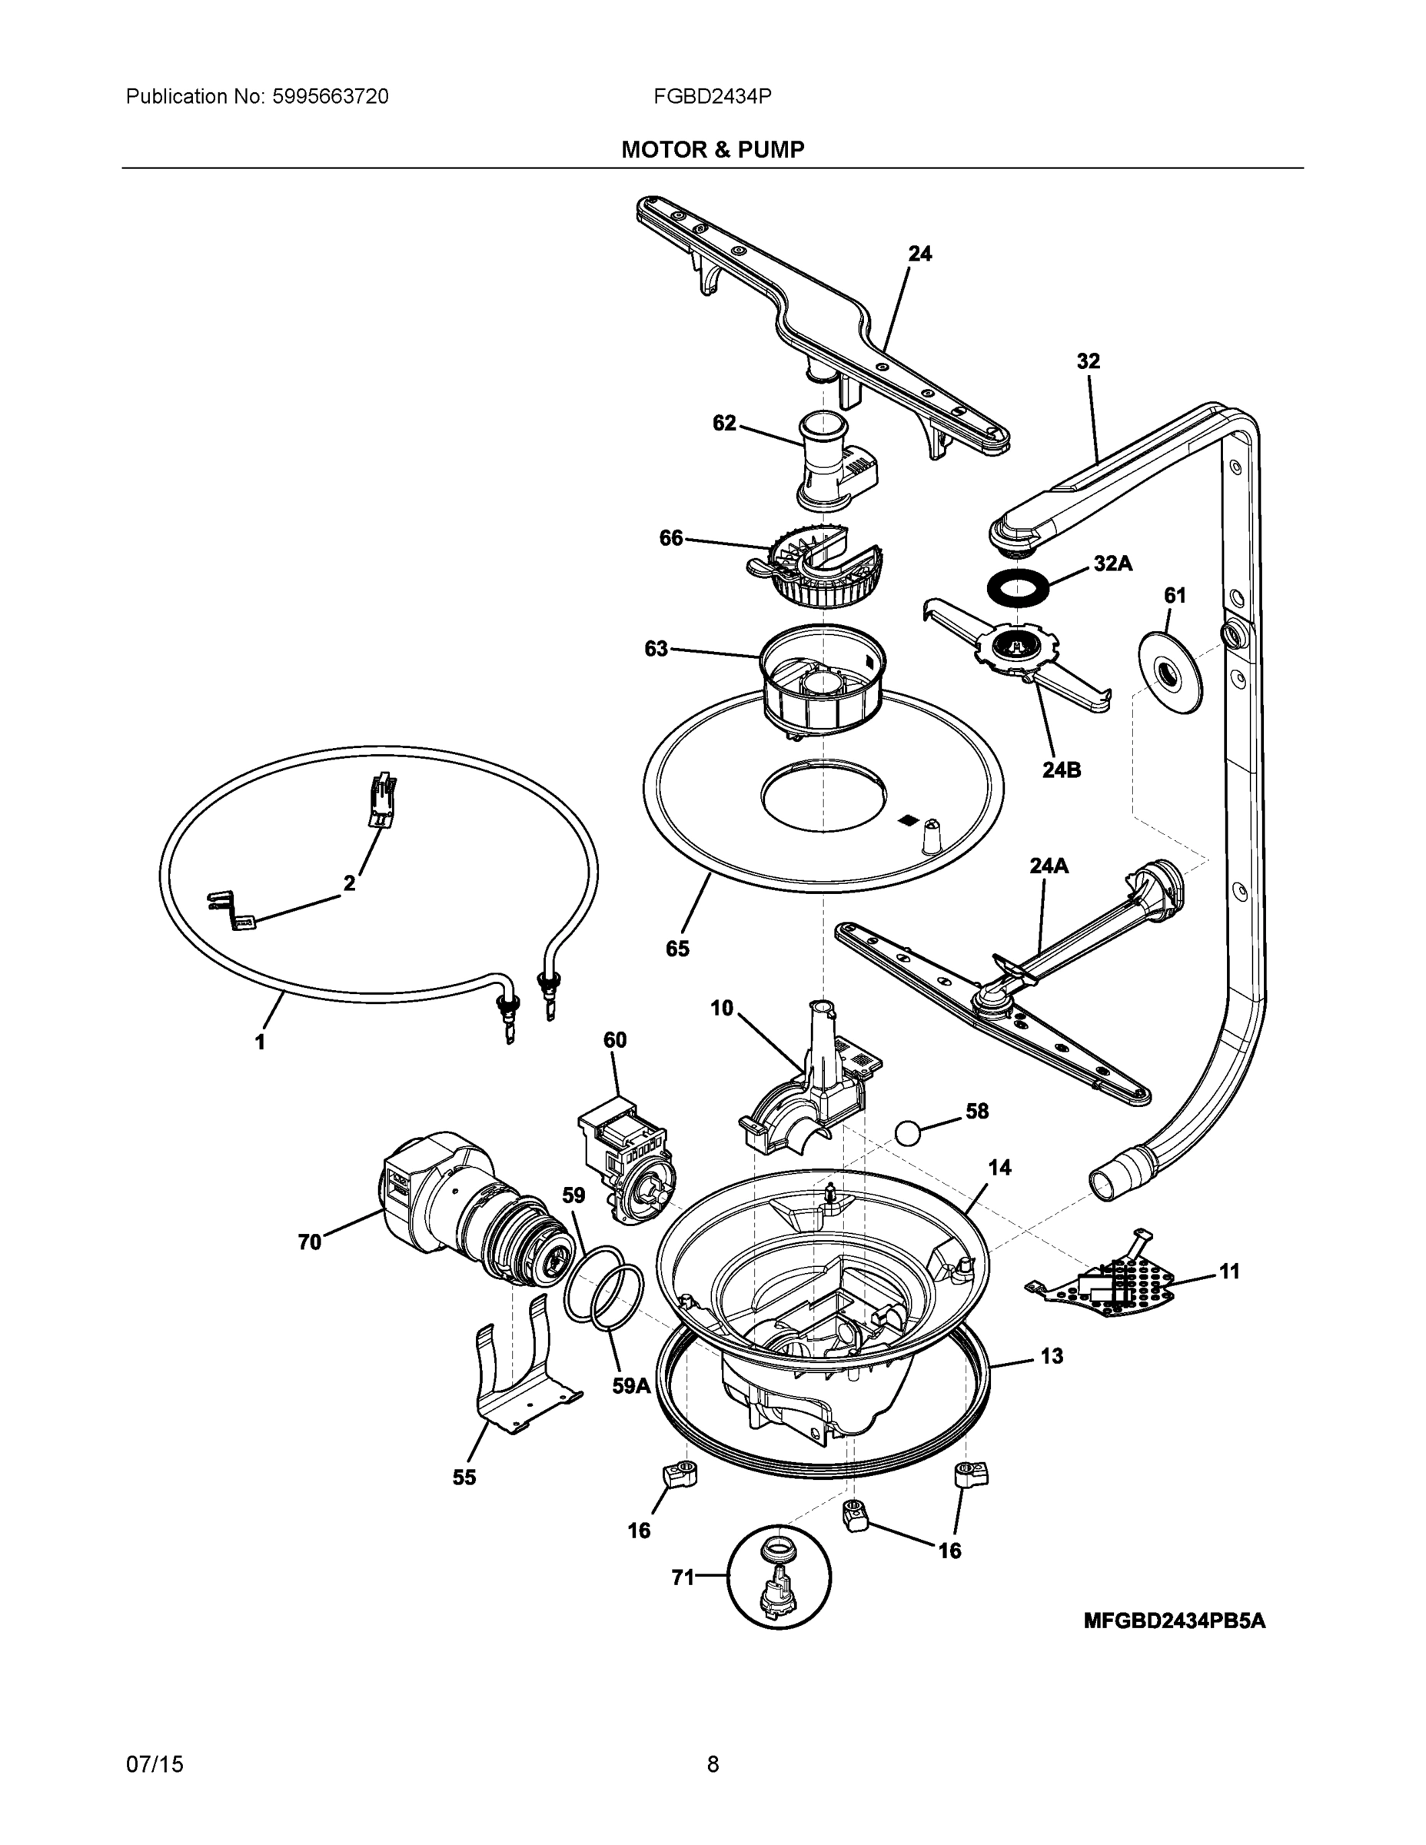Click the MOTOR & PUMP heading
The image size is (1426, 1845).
(x=712, y=150)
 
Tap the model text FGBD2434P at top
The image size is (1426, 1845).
(x=711, y=96)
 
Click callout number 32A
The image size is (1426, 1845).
(x=1112, y=563)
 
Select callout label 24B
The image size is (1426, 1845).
(x=1061, y=770)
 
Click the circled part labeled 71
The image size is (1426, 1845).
(x=779, y=1577)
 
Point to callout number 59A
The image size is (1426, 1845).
(x=631, y=1385)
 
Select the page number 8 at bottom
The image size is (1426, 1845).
(x=712, y=1764)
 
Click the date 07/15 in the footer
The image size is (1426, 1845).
(x=154, y=1764)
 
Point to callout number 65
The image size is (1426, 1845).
(x=676, y=949)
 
